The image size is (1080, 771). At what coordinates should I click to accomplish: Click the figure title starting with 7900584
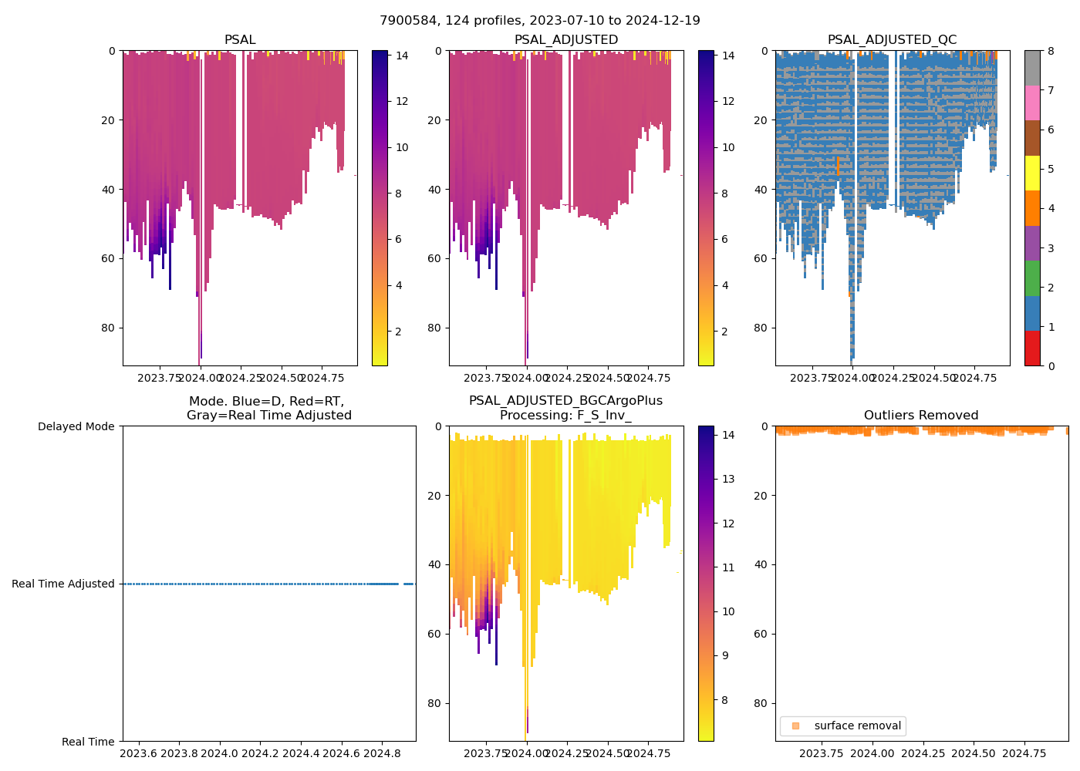click(540, 21)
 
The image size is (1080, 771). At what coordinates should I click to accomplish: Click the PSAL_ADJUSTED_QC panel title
click(892, 40)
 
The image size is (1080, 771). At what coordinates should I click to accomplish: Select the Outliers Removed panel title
click(921, 416)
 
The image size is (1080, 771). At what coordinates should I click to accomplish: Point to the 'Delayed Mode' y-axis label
click(76, 426)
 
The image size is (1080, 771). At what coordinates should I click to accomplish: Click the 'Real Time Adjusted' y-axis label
click(63, 584)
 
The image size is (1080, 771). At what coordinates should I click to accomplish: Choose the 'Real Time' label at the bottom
click(88, 742)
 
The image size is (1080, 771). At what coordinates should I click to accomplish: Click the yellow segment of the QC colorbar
click(1032, 173)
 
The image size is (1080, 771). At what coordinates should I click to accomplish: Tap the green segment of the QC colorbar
click(1032, 278)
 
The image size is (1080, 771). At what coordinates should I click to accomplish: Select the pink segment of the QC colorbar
click(1032, 103)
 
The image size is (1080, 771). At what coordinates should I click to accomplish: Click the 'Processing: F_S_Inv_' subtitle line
click(565, 416)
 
